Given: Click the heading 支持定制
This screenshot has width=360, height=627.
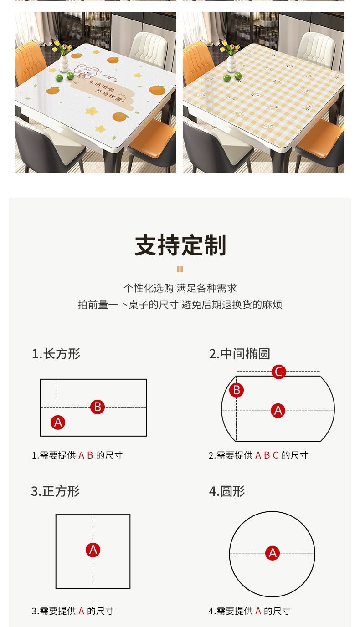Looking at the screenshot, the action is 180,245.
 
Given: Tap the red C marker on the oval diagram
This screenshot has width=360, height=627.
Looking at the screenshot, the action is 278,372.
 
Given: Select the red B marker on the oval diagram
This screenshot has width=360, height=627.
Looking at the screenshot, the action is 237,390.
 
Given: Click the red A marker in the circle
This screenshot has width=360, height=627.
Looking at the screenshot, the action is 273,553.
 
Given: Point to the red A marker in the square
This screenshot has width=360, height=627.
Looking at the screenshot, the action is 93,550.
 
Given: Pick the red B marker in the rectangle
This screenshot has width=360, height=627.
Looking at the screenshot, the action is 98,407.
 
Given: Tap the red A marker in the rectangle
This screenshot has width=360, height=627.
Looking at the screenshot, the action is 58,423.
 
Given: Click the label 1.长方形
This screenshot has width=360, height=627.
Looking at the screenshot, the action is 56,354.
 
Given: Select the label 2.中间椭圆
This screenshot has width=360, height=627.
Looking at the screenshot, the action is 240,354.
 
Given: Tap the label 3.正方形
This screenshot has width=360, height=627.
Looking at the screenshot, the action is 56,491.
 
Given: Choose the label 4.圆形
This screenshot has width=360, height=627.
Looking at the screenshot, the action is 227,491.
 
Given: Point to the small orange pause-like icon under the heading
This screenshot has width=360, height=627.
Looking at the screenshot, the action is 180,269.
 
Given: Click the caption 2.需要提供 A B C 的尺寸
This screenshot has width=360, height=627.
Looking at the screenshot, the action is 258,455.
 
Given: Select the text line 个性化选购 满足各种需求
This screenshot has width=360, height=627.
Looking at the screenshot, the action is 180,288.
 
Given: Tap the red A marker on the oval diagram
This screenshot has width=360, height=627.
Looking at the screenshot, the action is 278,411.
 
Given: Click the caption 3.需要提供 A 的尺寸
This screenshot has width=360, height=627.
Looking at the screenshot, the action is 72,611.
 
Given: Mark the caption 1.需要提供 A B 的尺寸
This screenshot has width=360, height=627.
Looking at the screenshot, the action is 77,455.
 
